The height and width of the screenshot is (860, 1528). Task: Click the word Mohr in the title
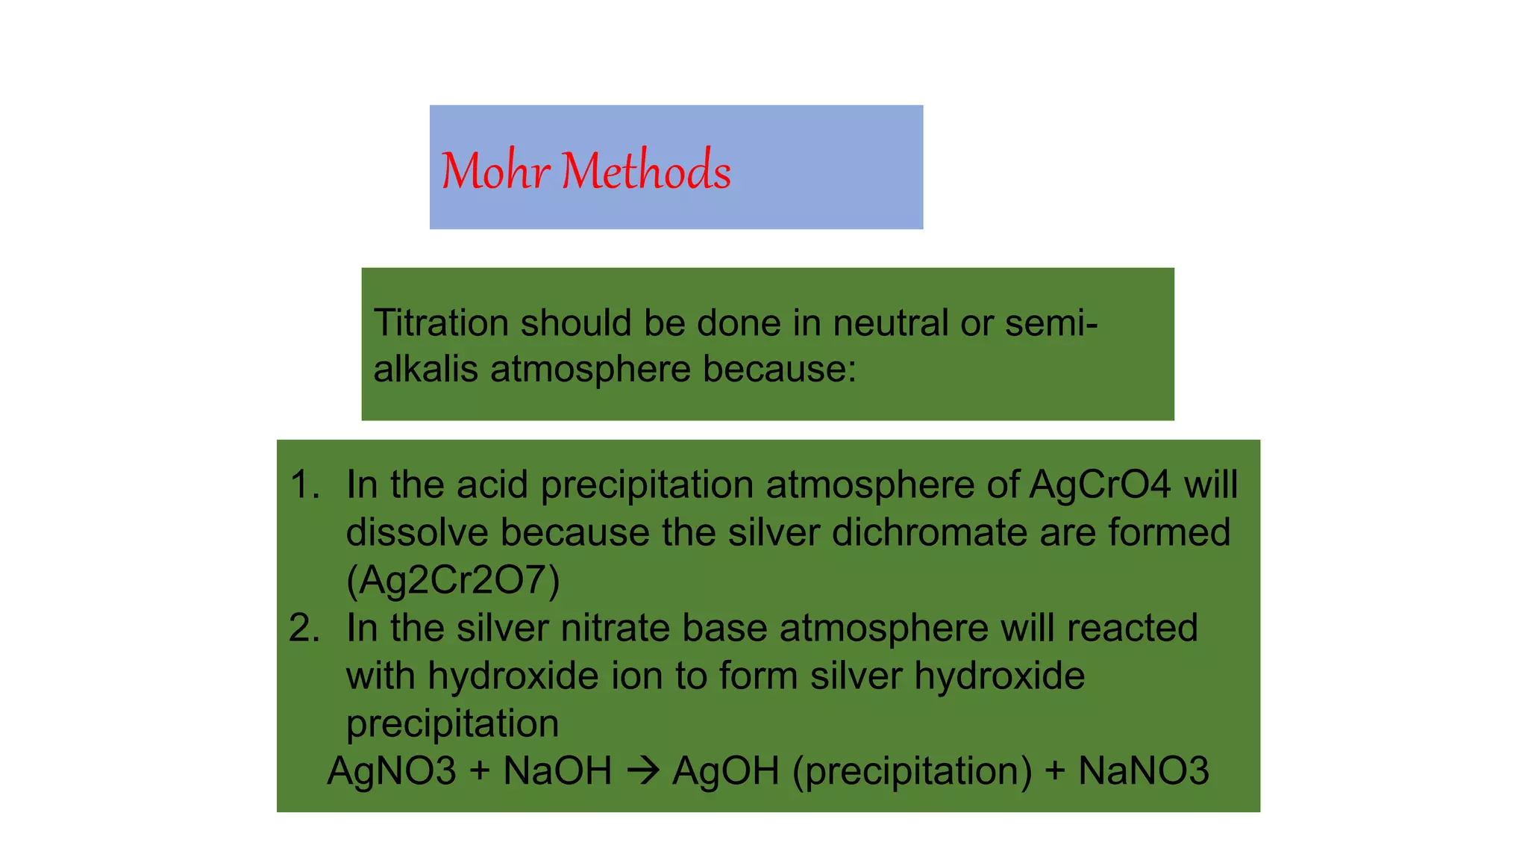point(495,171)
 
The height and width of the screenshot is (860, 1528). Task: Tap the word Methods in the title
point(646,171)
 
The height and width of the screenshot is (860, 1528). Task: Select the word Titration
point(441,323)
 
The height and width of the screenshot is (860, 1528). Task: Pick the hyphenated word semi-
point(1051,323)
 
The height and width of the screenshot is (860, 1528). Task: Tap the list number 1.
point(304,484)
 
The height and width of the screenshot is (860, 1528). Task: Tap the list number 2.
point(304,628)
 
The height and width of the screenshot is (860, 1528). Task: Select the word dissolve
point(417,532)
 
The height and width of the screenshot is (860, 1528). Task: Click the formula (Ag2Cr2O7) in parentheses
point(453,580)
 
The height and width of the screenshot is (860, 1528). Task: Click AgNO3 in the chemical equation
point(392,771)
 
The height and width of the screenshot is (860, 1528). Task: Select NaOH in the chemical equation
point(557,771)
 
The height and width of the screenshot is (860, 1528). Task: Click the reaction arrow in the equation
point(642,771)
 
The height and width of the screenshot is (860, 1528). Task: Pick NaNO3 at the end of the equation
point(1143,771)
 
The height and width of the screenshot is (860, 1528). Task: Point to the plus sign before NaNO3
point(1055,771)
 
